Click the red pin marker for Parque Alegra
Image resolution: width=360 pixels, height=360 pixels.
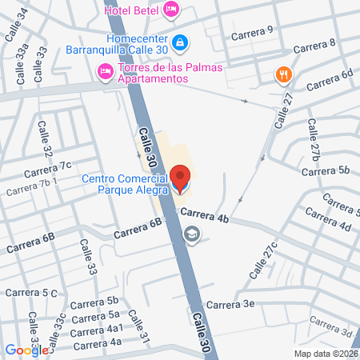point(181,179)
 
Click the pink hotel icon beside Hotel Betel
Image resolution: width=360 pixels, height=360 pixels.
point(170,10)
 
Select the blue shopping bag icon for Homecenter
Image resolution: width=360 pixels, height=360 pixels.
point(182,41)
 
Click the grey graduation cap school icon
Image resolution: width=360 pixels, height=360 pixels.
point(191,234)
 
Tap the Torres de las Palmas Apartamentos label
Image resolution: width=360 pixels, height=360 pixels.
point(170,73)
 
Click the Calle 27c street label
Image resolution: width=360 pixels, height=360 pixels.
point(262,260)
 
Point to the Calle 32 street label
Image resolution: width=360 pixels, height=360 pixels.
point(46,139)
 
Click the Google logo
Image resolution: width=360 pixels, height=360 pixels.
point(26,350)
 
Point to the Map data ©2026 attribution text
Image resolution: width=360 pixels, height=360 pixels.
point(324,354)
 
